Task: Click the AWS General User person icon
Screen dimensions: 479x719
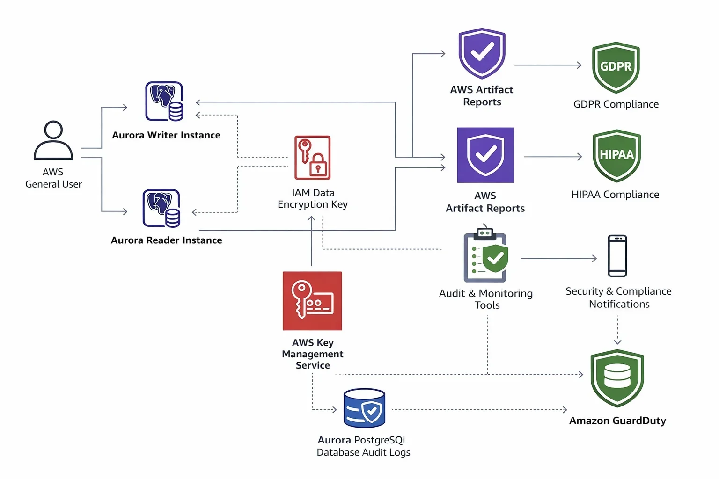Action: [x=53, y=140]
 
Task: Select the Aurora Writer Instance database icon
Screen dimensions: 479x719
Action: [x=164, y=102]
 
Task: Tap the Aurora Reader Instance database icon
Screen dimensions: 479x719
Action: [x=161, y=208]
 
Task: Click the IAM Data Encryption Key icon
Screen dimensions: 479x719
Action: [x=312, y=158]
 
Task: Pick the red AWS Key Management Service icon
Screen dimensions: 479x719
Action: [x=312, y=301]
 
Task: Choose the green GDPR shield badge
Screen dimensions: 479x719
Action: [x=616, y=67]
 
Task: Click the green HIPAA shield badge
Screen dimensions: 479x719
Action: [x=616, y=155]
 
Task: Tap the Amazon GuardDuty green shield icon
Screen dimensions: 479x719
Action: [x=617, y=378]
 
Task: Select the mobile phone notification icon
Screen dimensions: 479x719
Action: [x=617, y=256]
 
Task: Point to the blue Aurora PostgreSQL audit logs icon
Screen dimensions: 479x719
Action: [x=364, y=408]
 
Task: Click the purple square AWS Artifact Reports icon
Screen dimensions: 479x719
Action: [x=485, y=155]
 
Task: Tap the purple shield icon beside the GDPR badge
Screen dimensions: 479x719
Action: [x=482, y=53]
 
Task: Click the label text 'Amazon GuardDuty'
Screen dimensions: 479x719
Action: [x=617, y=421]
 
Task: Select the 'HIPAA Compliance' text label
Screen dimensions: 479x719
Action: [x=615, y=195]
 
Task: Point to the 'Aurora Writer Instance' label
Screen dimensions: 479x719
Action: [x=166, y=135]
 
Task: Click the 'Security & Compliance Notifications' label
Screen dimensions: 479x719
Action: [x=618, y=298]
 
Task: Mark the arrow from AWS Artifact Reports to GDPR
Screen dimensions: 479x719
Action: [x=548, y=65]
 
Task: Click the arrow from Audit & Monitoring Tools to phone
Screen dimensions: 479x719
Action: [x=558, y=258]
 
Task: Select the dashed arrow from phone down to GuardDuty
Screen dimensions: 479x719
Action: [x=617, y=330]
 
